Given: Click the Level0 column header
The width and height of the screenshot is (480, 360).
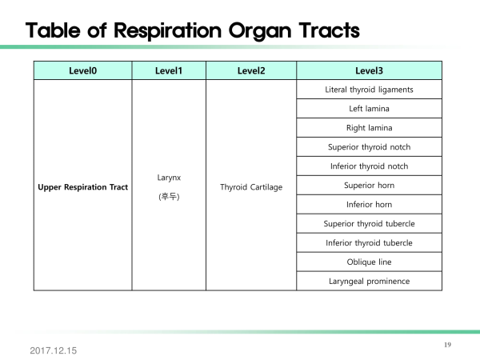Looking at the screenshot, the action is (82, 70).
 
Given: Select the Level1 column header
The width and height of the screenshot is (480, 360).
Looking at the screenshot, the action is (169, 70).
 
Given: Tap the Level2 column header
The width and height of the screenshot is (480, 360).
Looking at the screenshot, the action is (251, 70).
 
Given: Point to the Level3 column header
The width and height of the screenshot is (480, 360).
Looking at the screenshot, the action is (369, 70).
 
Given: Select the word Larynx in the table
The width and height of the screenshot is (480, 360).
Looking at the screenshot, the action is (169, 178).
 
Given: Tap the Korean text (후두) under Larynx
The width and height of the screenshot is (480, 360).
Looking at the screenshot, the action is (169, 196).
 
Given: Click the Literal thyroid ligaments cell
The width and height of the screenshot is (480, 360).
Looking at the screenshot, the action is (369, 90).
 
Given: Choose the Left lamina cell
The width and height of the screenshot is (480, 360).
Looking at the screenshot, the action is (369, 109).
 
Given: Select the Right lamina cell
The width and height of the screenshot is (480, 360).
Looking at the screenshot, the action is (369, 128).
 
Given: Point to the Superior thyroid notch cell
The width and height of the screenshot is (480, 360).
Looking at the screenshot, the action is (369, 147).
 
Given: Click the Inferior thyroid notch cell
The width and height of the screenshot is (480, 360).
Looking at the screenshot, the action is (369, 166).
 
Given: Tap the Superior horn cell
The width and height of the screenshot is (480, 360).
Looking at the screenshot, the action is (369, 186).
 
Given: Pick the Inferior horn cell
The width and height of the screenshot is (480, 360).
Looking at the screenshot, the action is (369, 205).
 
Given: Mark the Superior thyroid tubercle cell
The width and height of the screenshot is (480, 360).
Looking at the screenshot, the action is (369, 224).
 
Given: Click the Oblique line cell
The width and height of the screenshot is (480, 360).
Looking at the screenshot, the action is (369, 262).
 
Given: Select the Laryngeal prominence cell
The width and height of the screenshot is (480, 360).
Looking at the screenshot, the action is (369, 282).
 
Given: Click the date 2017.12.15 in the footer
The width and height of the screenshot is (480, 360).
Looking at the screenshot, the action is (54, 351).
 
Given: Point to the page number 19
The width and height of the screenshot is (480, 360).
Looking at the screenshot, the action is (447, 345).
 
